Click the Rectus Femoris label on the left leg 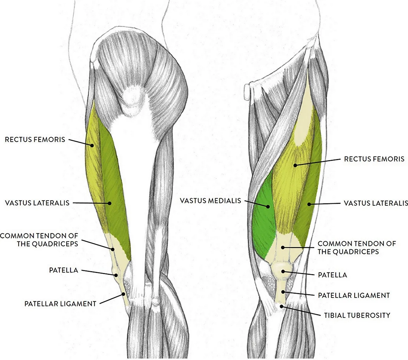(35, 140)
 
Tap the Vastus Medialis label (211, 201)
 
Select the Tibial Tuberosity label (357, 315)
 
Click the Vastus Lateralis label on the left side (37, 203)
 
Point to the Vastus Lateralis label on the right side (376, 203)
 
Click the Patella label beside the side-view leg (64, 270)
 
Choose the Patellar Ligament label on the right (354, 295)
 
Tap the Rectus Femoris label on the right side (374, 159)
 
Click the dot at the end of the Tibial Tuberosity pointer (281, 307)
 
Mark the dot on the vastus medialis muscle (268, 206)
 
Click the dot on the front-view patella (283, 272)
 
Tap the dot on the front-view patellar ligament (283, 292)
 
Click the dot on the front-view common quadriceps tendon (283, 248)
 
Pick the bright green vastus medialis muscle (264, 219)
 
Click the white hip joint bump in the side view (132, 101)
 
